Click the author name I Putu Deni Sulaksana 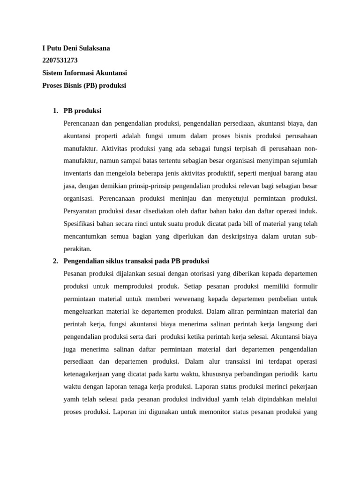click(76, 48)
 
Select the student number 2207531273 click(60, 60)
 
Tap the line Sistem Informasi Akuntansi click(84, 73)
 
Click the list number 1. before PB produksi click(55, 111)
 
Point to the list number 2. click(55, 261)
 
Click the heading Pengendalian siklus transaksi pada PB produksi click(136, 261)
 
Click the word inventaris click(78, 173)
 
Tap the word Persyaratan click(81, 211)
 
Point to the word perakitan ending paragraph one click(77, 248)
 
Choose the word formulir click(304, 286)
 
